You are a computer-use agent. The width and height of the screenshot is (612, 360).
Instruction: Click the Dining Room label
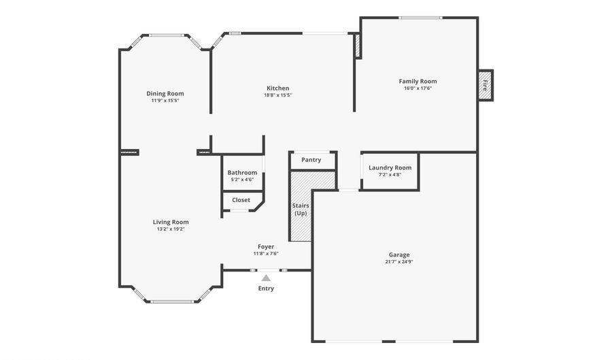(165, 94)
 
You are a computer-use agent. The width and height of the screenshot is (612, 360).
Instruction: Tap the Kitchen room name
(277, 88)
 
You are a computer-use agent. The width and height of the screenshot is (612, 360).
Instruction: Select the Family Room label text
(418, 82)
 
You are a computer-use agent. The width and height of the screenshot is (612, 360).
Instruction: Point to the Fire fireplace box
(485, 86)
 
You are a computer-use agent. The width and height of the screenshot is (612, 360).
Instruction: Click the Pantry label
(311, 160)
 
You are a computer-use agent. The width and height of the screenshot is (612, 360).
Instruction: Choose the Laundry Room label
(390, 168)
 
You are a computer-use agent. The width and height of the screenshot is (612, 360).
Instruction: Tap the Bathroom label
(242, 173)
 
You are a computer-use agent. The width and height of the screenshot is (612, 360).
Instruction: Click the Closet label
(241, 200)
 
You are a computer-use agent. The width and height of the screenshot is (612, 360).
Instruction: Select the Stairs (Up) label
(300, 209)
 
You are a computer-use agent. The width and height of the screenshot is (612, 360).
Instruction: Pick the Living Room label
(171, 222)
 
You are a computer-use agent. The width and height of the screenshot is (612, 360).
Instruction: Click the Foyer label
(266, 246)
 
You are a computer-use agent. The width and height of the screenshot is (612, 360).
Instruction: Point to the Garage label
(398, 255)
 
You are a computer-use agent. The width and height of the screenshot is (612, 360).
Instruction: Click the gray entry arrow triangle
(266, 278)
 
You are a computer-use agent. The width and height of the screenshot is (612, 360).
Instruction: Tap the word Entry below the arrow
(266, 289)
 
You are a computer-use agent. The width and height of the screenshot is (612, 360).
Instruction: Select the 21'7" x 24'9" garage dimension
(398, 261)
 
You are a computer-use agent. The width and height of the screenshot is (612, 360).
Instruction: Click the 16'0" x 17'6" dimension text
(418, 88)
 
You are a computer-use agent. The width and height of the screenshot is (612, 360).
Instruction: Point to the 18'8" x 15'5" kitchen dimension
(277, 95)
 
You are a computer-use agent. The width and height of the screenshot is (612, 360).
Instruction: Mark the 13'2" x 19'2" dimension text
(171, 229)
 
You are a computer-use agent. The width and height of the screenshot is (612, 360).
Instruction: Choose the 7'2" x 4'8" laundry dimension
(390, 175)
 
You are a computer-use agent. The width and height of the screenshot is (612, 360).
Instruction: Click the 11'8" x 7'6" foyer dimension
(266, 254)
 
